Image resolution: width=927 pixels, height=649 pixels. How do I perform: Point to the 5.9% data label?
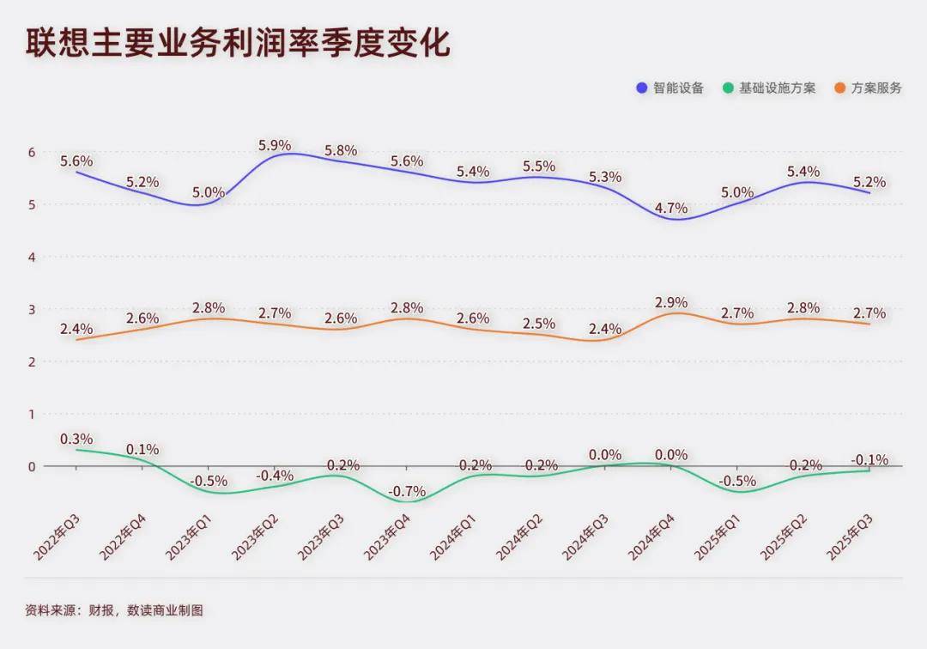coord(275,145)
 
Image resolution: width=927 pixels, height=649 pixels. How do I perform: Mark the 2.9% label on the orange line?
coord(671,302)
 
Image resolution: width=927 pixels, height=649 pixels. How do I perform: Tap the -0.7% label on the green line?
coord(407,491)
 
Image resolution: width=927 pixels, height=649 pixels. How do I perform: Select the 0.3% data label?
coord(76,439)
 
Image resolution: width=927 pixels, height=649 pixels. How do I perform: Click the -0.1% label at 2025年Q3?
coord(869,459)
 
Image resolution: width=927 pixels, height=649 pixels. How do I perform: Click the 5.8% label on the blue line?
coord(341,151)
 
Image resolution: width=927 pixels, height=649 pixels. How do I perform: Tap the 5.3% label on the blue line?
coord(605,177)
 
